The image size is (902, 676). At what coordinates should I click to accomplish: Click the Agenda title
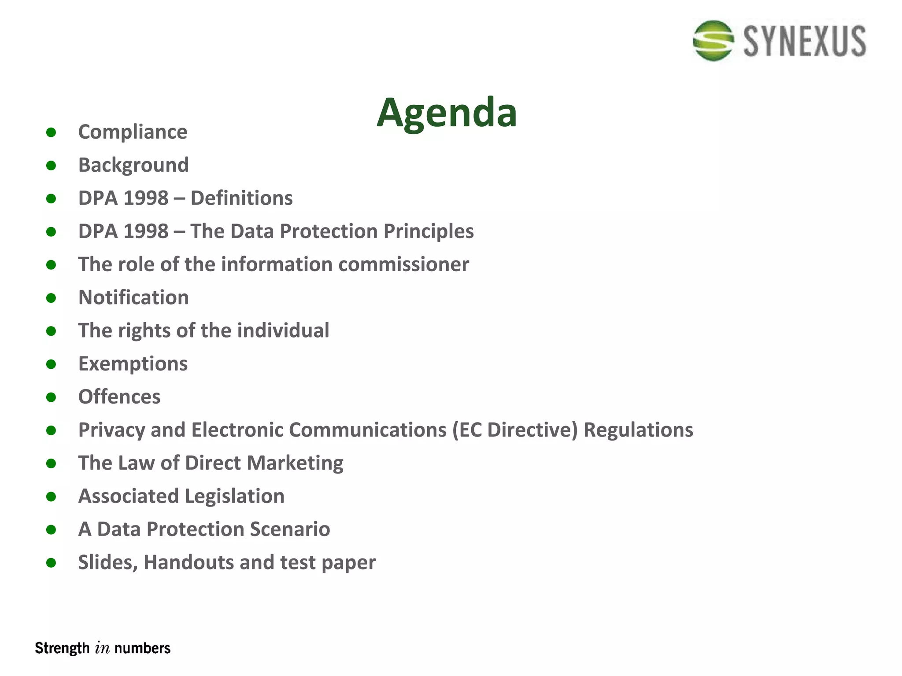point(447,113)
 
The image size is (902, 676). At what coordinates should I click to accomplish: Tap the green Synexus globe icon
point(713,40)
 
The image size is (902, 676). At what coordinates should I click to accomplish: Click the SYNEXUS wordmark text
point(805,41)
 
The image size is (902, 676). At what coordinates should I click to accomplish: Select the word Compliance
point(133,132)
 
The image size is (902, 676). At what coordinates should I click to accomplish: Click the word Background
point(133,165)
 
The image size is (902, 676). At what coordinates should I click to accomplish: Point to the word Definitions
point(241,198)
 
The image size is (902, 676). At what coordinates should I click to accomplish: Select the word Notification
point(133,298)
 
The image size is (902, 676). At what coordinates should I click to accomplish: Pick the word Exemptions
point(133,364)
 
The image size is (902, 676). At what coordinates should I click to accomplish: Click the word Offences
point(119,397)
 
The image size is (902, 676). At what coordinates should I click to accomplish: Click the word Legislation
point(234,496)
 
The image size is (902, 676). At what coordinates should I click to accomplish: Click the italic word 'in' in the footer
point(102,648)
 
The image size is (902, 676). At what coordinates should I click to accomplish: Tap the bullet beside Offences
point(51,397)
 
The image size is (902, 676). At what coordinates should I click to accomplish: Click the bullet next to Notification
point(51,298)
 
